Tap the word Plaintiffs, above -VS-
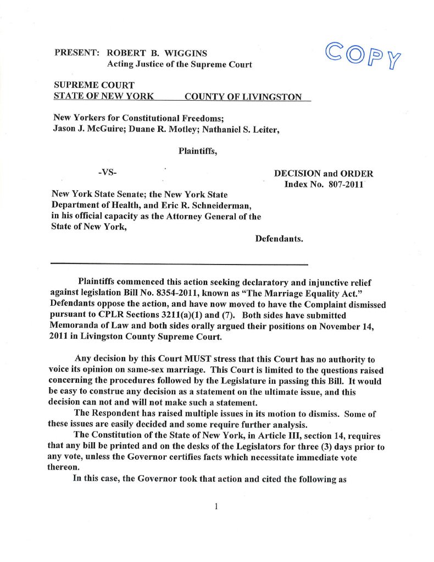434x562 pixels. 198,151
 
